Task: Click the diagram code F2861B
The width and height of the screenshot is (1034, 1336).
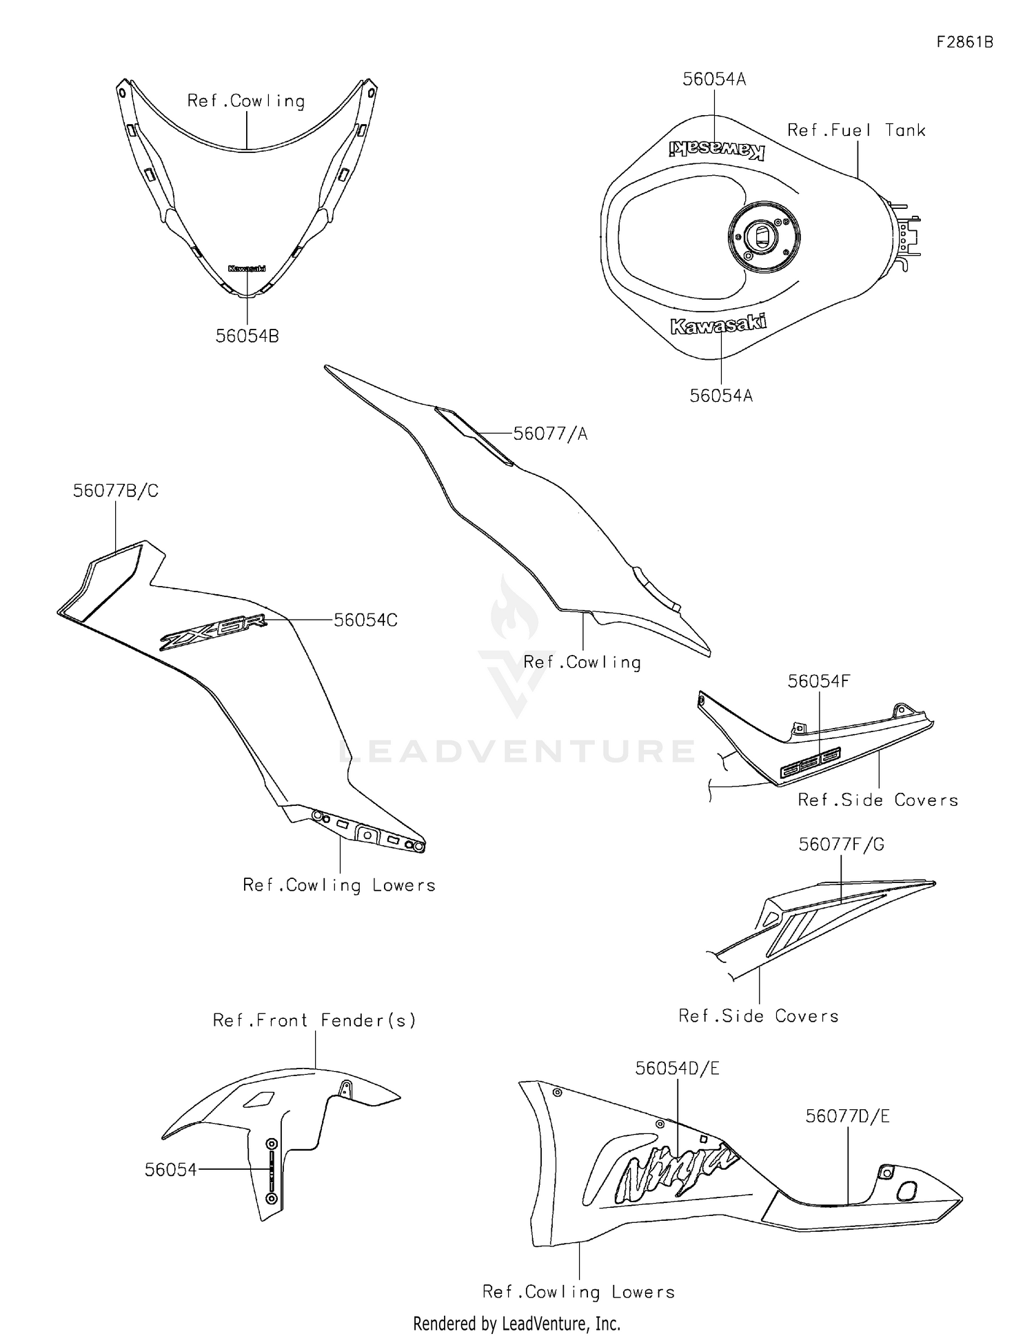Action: coord(964,42)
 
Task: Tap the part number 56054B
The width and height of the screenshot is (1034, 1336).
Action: coord(247,336)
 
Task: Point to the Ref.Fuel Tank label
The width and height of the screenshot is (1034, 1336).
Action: coord(856,130)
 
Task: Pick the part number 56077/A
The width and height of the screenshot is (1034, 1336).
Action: coord(550,434)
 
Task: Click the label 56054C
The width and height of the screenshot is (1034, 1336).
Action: coord(365,620)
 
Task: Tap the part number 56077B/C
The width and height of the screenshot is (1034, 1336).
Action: coord(116,491)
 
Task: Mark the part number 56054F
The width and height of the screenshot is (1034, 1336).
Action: coord(819,681)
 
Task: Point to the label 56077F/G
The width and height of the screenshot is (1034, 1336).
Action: coord(841,844)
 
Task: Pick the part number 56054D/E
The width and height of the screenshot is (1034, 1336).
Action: coord(677,1068)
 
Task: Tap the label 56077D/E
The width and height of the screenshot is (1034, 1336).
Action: coord(847,1116)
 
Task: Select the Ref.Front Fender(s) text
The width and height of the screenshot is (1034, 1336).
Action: coord(314,1020)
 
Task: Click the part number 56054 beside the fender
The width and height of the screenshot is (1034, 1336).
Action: coord(170,1169)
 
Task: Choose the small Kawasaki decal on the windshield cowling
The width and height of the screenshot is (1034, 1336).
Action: coord(247,269)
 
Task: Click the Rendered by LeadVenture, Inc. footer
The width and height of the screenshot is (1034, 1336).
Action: coord(516,1323)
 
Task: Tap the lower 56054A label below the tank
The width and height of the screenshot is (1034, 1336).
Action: coord(721,396)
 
